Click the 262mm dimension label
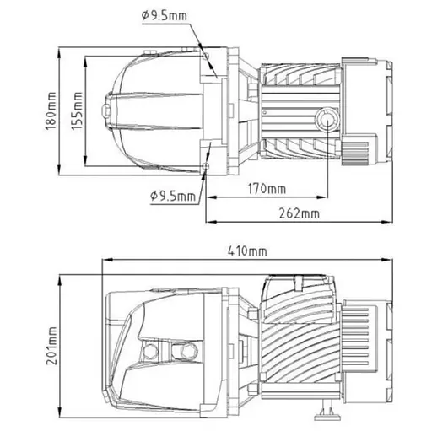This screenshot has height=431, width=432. pos(300,213)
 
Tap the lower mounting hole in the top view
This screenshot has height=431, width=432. pos(205,169)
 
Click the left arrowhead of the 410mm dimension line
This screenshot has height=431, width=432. pos(103,261)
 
